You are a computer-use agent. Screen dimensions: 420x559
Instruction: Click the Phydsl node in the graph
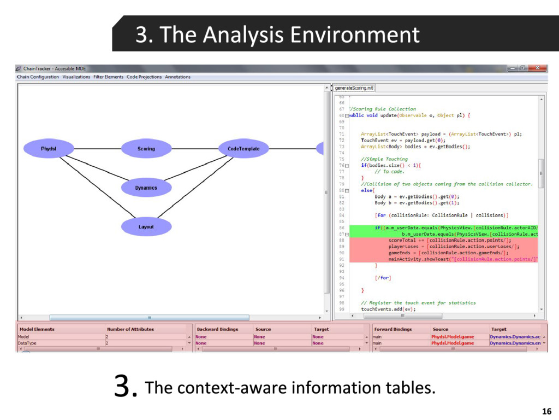coord(49,149)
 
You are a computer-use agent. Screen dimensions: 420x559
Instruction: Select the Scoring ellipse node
coord(146,149)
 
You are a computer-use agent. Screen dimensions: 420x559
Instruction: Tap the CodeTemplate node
coord(243,149)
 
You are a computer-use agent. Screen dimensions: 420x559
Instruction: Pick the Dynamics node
coord(146,188)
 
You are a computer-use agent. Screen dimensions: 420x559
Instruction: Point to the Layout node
coord(146,226)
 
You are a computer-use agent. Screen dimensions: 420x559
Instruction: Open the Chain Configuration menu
coord(38,77)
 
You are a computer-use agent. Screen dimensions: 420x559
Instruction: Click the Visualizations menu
coord(76,77)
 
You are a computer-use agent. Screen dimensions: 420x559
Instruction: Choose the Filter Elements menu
coord(109,77)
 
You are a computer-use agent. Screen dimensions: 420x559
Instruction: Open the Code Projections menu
coord(144,77)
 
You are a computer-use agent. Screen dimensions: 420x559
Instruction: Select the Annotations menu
coord(178,77)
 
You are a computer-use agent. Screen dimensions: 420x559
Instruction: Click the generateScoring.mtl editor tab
coord(354,87)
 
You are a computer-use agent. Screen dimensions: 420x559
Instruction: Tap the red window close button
coord(538,68)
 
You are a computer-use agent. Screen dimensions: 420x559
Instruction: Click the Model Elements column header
coord(37,329)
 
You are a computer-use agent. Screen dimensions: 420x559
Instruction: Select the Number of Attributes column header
coord(130,329)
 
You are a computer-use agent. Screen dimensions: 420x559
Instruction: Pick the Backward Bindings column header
coord(217,329)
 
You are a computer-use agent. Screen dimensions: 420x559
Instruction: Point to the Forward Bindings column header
coord(393,329)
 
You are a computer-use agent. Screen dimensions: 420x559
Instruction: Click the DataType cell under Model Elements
coord(27,343)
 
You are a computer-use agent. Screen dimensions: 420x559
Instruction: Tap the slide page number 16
coord(546,412)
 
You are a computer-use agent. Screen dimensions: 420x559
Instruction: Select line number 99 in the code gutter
coord(342,309)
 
